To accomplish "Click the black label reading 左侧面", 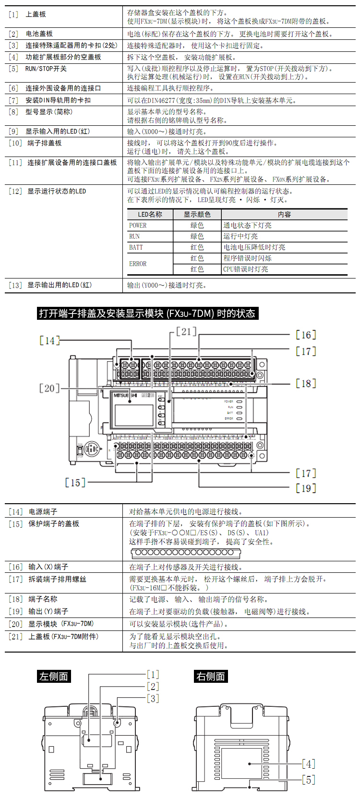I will point(54,677).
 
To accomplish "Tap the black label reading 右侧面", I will point(211,677).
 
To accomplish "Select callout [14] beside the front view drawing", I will point(49,340).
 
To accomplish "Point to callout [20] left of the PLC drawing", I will point(49,388).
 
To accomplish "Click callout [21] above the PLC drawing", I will point(186,331).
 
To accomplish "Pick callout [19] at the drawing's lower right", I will point(306,488).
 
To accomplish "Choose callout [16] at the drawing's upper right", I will point(306,335).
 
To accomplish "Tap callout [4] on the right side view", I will point(308,763).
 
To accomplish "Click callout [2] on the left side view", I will point(153,687).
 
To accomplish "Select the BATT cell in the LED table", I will point(136,247).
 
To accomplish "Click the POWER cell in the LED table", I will point(138,225).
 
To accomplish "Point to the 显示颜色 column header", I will point(197,214).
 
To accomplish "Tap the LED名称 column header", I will point(150,214).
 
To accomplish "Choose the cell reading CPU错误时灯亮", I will point(246,269).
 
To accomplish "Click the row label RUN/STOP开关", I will point(46,69).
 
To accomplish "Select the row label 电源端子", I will point(43,512).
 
